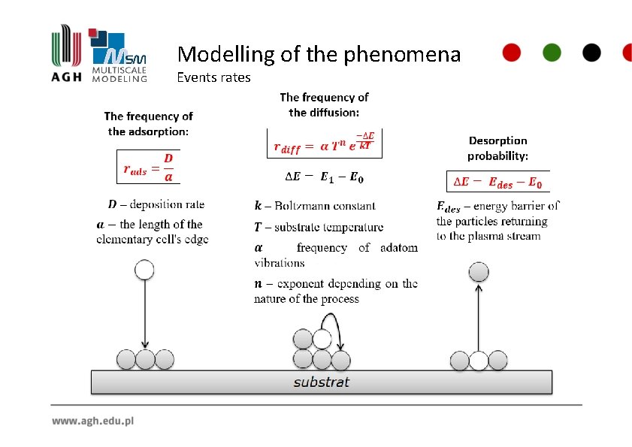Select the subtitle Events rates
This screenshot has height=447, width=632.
click(x=213, y=77)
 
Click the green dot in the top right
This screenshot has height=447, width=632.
click(x=552, y=52)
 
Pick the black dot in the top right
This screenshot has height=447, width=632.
click(x=591, y=52)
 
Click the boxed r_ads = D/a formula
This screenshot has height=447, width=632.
click(x=149, y=168)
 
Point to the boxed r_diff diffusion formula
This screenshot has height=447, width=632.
click(x=324, y=143)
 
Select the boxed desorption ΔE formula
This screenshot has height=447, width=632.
click(x=497, y=182)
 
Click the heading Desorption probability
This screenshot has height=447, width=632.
click(x=497, y=148)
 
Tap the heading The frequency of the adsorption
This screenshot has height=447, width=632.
click(x=148, y=123)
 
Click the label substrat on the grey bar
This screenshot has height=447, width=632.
click(x=321, y=382)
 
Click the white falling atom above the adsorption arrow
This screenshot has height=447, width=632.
click(x=144, y=269)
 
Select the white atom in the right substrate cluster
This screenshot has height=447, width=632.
click(x=479, y=361)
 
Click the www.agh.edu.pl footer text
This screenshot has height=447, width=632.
click(x=92, y=421)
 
